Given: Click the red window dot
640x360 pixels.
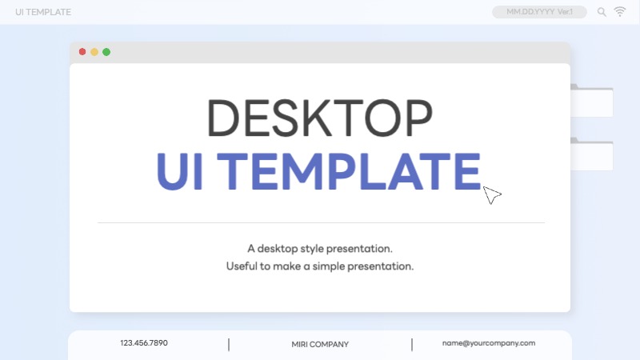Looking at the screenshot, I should click(82, 52).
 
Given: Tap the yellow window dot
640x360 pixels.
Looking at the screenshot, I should click(94, 52).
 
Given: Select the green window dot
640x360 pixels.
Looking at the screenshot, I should click(106, 52).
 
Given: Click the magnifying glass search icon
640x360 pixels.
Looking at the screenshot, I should click(602, 12).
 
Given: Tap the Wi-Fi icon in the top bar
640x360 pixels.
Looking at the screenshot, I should click(620, 11).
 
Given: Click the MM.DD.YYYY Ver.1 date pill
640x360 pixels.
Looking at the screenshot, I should click(539, 12).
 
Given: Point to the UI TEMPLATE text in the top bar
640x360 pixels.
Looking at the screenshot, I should click(43, 12).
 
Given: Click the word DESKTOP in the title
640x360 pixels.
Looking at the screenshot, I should click(320, 118).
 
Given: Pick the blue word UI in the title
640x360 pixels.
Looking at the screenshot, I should click(181, 171).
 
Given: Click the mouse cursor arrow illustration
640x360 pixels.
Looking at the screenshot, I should click(491, 195).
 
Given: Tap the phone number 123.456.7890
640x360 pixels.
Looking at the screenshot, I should click(144, 343).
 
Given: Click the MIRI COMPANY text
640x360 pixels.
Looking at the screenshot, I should click(320, 345).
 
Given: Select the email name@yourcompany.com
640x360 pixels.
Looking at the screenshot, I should click(488, 343).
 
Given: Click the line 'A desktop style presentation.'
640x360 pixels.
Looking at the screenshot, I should click(320, 249).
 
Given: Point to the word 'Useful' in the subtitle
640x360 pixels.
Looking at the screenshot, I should click(242, 266).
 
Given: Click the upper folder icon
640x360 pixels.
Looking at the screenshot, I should click(592, 101).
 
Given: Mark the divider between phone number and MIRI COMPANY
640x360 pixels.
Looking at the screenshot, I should click(229, 345).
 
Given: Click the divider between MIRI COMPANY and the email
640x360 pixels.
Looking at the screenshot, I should click(412, 345).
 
